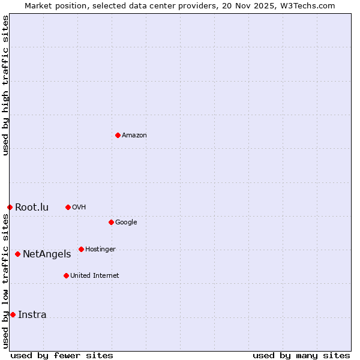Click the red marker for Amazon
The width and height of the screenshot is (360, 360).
(x=118, y=135)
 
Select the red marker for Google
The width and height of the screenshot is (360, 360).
(x=111, y=222)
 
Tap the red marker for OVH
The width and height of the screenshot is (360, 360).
(x=68, y=207)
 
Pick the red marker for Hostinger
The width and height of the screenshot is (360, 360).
(x=81, y=249)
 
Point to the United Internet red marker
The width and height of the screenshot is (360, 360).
(x=66, y=275)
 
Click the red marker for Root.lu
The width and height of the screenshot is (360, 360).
(x=10, y=207)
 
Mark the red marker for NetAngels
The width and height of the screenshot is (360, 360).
(x=17, y=254)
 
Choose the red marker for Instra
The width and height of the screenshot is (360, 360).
(x=13, y=314)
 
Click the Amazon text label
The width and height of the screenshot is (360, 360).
(x=134, y=136)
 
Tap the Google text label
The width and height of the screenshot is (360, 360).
(x=126, y=223)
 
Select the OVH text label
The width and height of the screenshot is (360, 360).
(x=79, y=208)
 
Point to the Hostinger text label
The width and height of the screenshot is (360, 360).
(x=100, y=250)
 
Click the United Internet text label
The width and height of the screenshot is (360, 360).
(x=95, y=276)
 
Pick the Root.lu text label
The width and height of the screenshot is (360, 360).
(x=32, y=208)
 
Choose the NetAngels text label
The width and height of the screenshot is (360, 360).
(x=47, y=254)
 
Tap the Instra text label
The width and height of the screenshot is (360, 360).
(x=32, y=315)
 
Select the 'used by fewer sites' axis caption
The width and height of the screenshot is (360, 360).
(x=62, y=355)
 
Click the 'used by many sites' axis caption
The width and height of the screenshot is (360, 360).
(x=301, y=355)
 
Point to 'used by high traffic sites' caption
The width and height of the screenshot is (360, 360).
(x=6, y=85)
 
